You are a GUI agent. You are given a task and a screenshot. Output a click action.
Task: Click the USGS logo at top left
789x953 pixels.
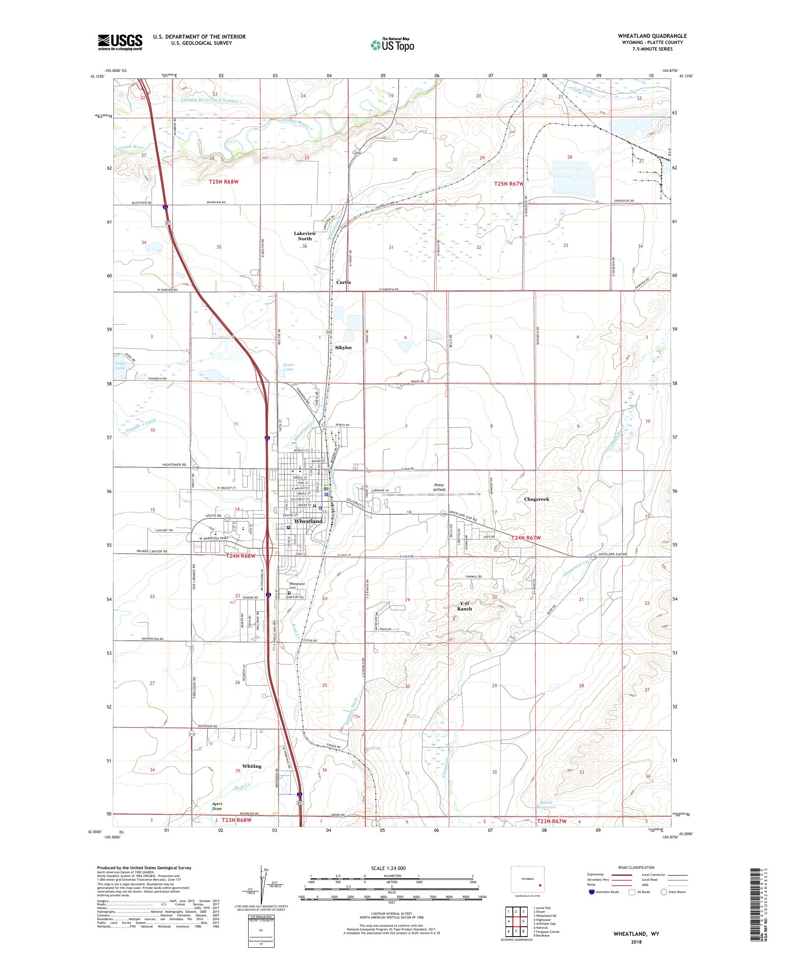coord(120,42)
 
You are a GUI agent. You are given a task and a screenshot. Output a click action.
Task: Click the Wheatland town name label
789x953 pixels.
coord(308,521)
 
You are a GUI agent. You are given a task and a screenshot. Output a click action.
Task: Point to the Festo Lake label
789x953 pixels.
coord(120,365)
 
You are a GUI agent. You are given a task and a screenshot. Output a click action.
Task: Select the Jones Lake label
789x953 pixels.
coord(288,367)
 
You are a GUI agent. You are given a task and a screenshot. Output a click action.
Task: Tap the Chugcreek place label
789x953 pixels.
coord(536,499)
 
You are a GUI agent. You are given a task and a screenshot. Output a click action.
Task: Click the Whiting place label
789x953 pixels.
coord(251,766)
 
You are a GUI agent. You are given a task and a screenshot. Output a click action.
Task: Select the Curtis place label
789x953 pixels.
coord(344,282)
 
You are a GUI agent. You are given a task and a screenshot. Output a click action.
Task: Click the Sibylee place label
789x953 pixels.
coord(343,347)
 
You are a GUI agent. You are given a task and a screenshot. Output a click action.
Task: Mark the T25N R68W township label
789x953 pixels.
coord(224,182)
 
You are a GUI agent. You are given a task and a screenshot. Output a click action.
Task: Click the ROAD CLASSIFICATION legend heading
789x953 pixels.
coord(635,867)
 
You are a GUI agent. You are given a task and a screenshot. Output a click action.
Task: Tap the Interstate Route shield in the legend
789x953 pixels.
coord(591,892)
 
